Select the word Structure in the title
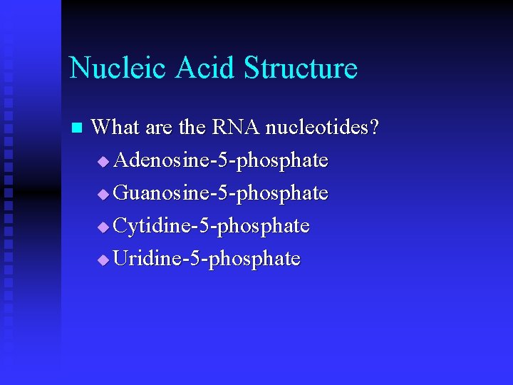(x=300, y=68)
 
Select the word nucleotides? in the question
(x=322, y=128)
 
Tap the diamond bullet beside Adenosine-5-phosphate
(x=104, y=163)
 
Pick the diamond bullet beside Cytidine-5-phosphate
(x=104, y=228)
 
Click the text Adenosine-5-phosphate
(x=221, y=160)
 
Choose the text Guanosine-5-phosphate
(x=221, y=193)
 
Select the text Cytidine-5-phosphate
(x=212, y=226)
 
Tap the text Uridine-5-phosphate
(x=207, y=259)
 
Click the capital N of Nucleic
(x=80, y=68)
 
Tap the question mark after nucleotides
(x=375, y=128)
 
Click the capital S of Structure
(x=252, y=68)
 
